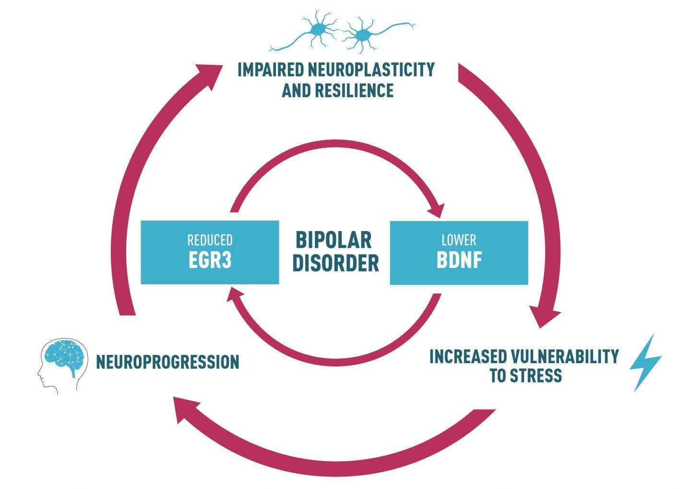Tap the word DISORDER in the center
point(335,263)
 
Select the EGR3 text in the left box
point(210,260)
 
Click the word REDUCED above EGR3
point(210,240)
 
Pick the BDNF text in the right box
point(459,260)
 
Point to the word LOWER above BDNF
point(459,240)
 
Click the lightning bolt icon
point(645,363)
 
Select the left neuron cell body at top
point(317,30)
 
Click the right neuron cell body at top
point(362,35)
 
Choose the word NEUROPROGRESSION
point(167,362)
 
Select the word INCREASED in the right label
point(468,356)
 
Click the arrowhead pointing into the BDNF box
point(437,210)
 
